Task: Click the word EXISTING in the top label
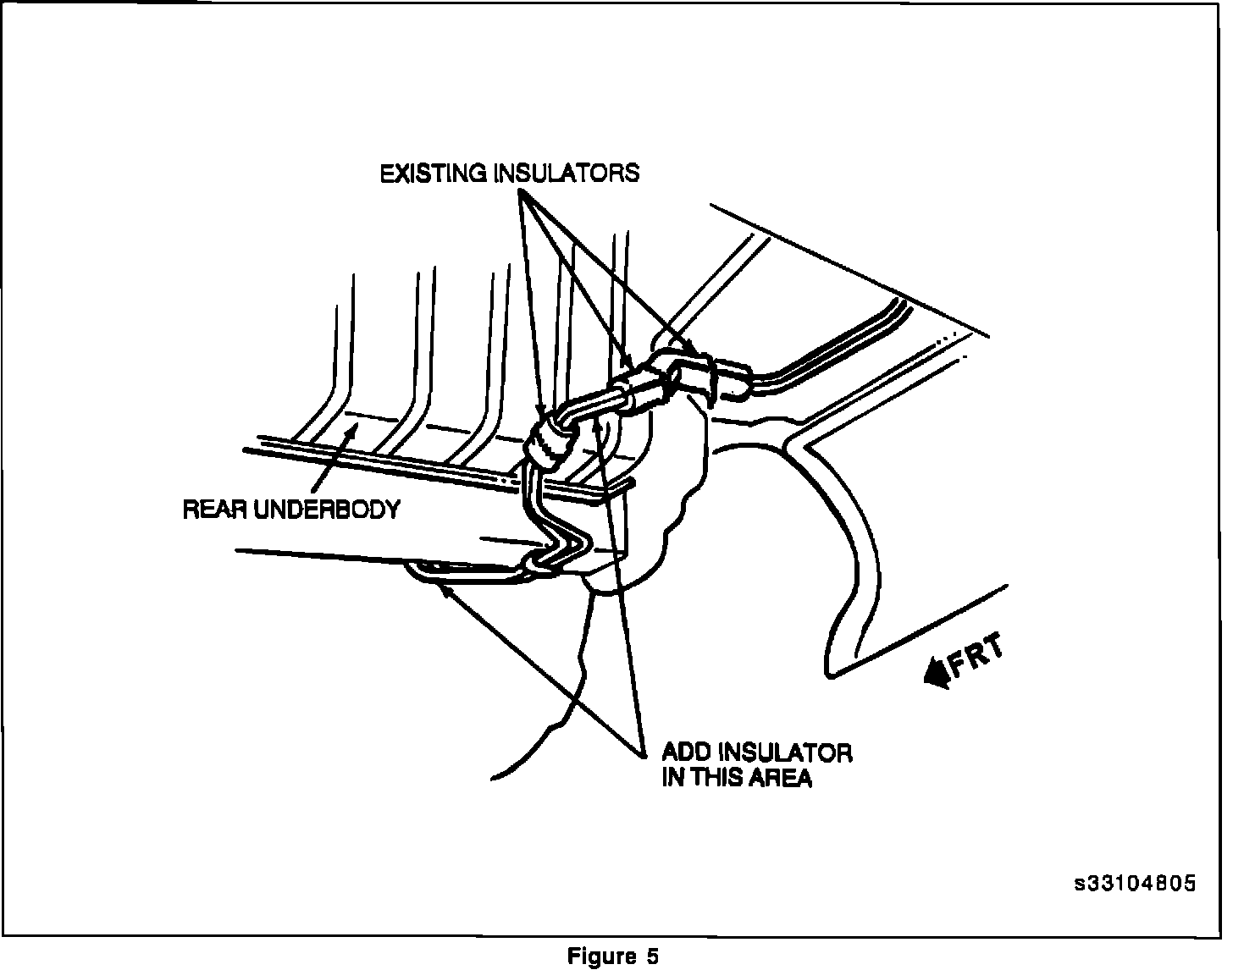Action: coord(434,174)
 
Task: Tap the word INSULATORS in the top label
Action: coord(567,174)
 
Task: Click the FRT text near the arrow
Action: coord(977,655)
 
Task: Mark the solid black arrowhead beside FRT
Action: coord(937,674)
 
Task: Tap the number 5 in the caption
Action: coord(652,956)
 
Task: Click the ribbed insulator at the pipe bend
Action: coord(551,442)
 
